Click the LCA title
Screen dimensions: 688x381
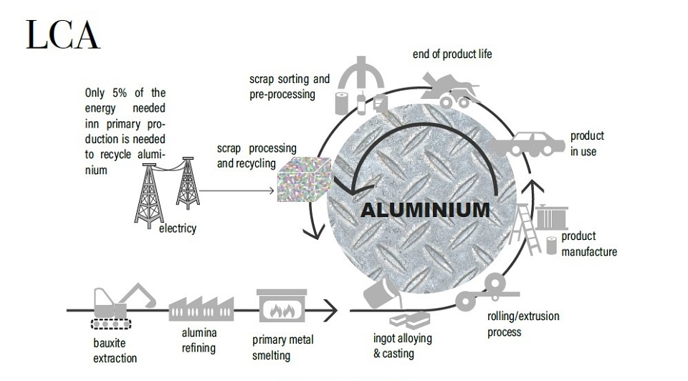pos(63,34)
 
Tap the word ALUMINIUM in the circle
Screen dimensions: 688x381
pos(425,210)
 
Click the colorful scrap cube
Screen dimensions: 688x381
pos(305,180)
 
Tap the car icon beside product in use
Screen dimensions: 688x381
pos(527,144)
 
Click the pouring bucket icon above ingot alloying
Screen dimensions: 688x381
pos(383,291)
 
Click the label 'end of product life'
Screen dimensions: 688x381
pos(452,54)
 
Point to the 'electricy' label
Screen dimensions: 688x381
pos(177,228)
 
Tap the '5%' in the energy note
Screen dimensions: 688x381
pos(120,93)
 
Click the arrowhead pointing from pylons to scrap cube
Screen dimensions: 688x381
pos(271,190)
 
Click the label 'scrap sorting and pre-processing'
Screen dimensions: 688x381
pos(289,87)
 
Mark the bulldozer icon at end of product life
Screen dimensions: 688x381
pos(448,91)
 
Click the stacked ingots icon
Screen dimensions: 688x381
pos(409,320)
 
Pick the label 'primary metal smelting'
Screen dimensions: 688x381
pos(282,347)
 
